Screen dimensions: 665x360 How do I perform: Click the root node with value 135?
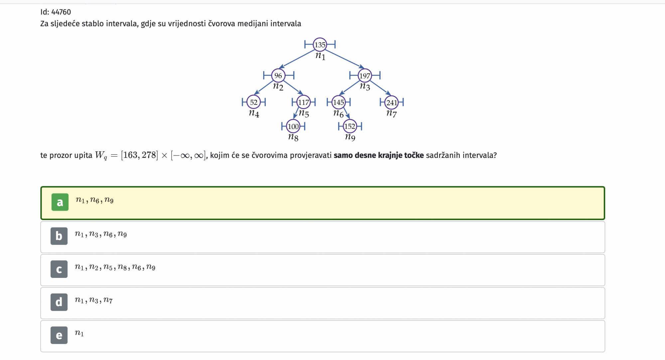click(x=320, y=45)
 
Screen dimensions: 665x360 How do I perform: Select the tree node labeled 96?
click(x=278, y=75)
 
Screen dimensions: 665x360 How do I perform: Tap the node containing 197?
click(x=365, y=75)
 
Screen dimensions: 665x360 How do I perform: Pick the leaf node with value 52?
click(x=254, y=102)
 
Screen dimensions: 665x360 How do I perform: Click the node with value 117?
click(x=304, y=102)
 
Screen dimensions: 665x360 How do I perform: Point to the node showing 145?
click(x=338, y=102)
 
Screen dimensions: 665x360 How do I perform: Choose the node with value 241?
click(x=392, y=102)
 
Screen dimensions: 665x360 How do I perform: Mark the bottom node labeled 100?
click(x=293, y=126)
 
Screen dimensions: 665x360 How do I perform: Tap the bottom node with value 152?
click(x=350, y=126)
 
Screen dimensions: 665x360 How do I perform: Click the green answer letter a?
click(x=60, y=202)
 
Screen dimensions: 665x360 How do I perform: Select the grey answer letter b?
click(x=59, y=236)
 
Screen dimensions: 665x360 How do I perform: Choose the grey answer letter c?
click(x=59, y=269)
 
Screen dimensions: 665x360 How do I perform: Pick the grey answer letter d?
click(x=59, y=302)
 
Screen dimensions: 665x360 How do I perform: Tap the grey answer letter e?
click(x=59, y=335)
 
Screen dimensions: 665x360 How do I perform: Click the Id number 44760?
click(x=61, y=12)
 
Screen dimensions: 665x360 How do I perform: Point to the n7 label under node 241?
click(x=391, y=113)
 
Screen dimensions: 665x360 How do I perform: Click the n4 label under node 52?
click(x=254, y=113)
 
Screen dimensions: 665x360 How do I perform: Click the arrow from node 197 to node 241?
click(x=381, y=88)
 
